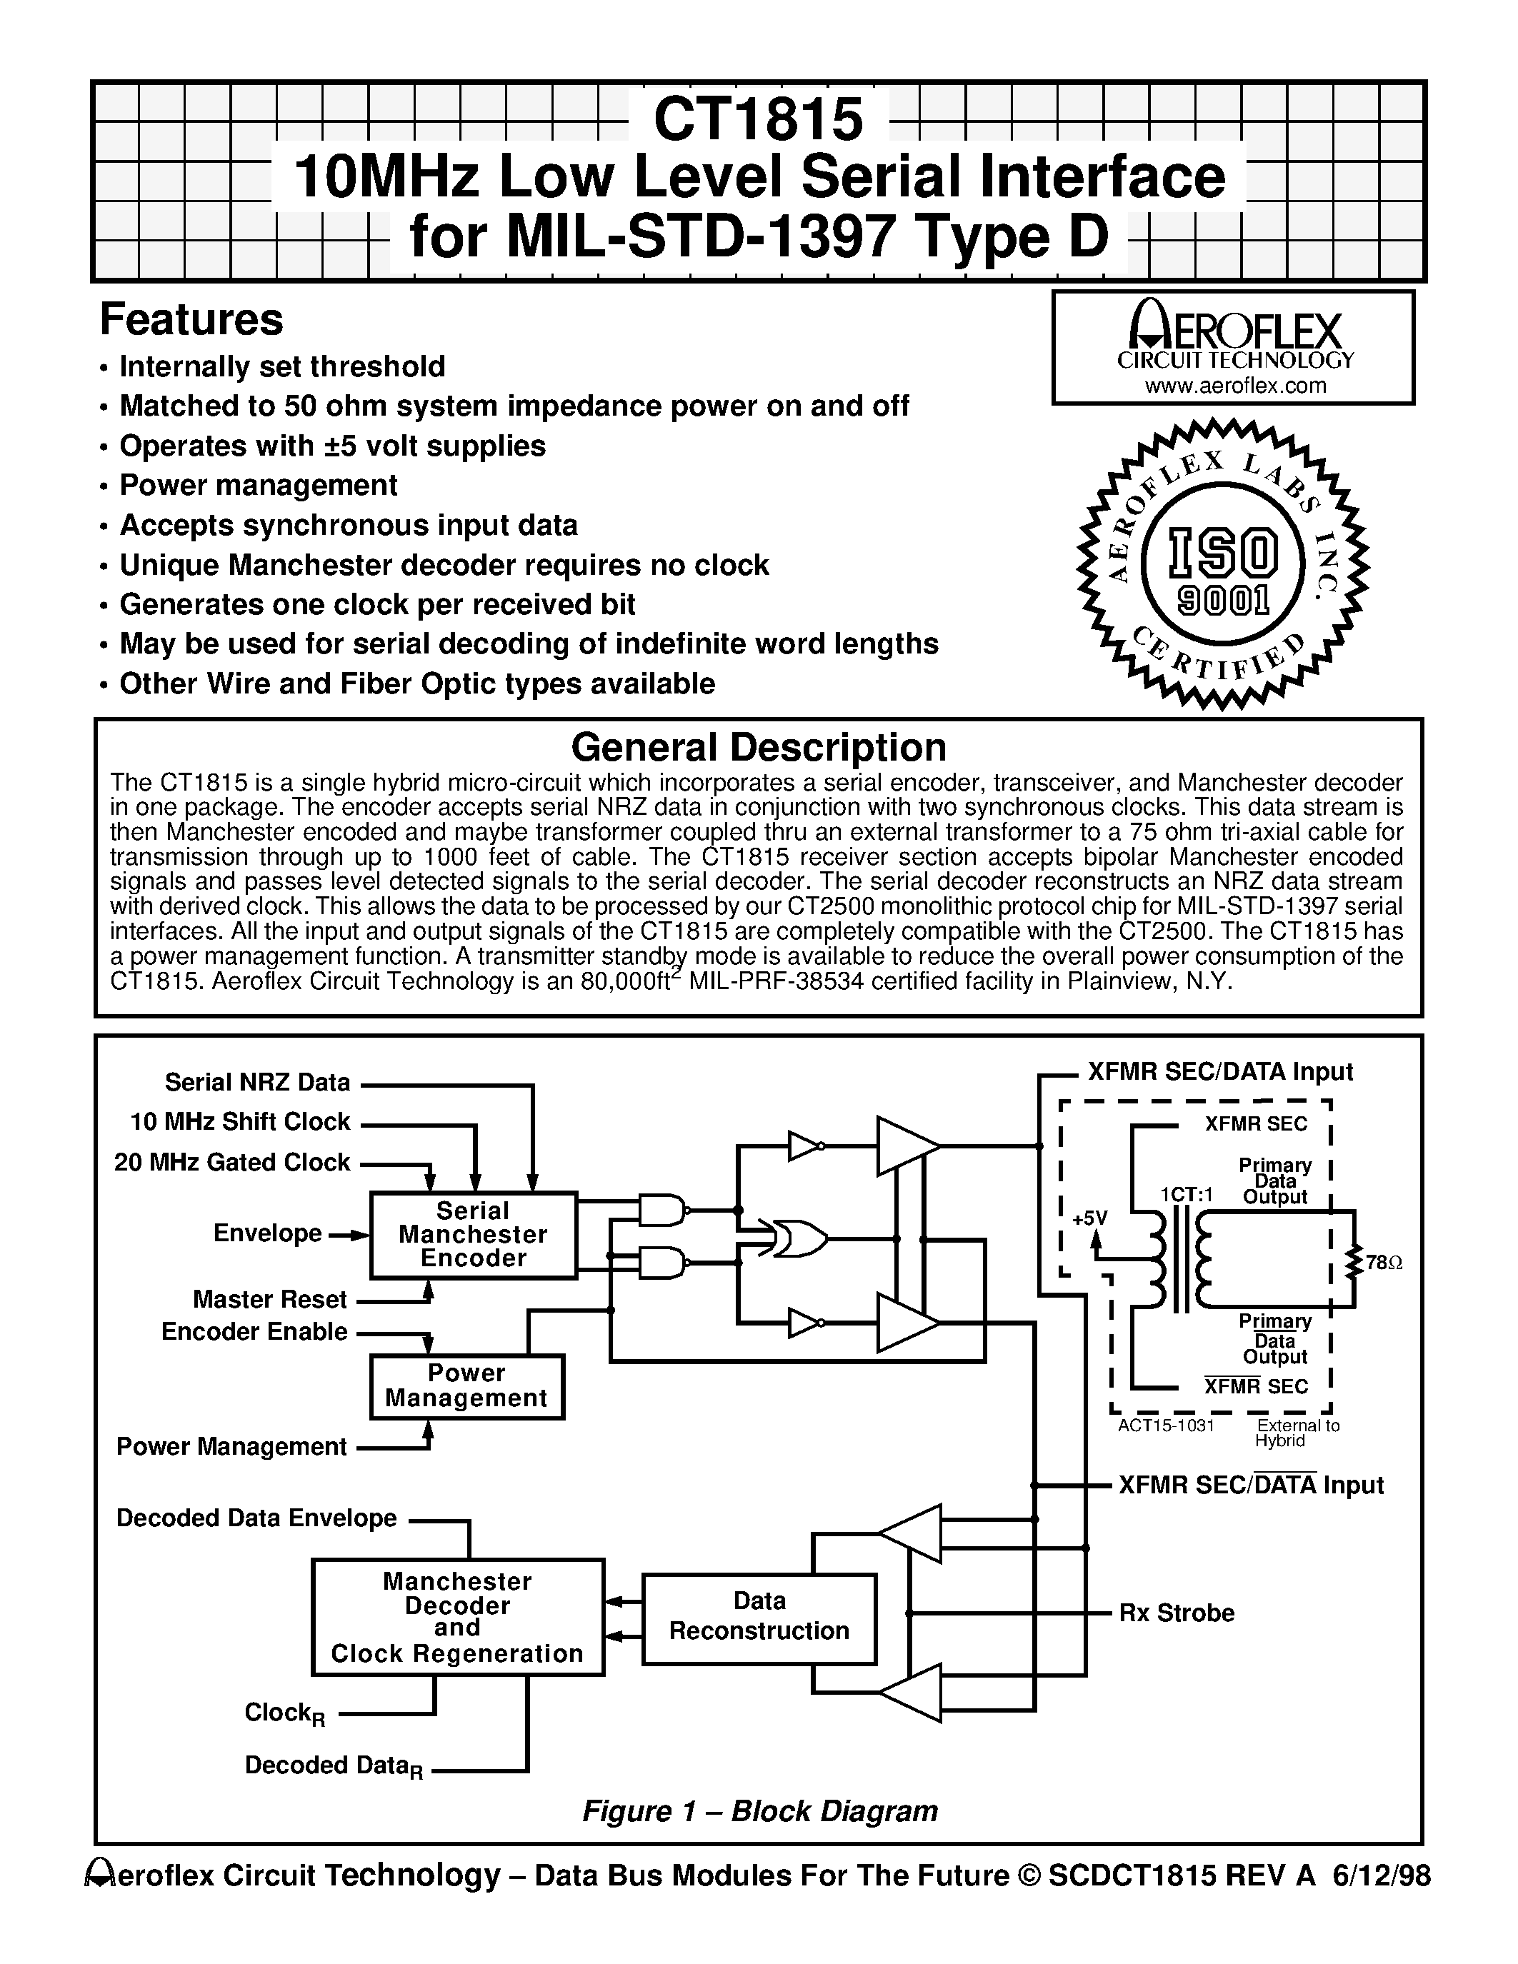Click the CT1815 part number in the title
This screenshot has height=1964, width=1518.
(758, 119)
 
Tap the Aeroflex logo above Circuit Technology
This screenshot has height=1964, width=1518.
(1234, 327)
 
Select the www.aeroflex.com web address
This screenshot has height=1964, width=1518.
(1234, 386)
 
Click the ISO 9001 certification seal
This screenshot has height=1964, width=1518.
(1222, 563)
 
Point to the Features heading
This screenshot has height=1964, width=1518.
(191, 319)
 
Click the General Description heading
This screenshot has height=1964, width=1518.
(758, 747)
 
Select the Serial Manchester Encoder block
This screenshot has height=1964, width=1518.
(473, 1235)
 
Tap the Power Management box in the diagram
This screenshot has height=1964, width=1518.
(466, 1386)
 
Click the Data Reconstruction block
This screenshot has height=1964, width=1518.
(759, 1616)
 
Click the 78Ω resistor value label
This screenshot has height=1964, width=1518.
(1383, 1263)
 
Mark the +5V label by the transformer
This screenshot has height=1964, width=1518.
(1090, 1218)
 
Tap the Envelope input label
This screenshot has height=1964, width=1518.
(267, 1233)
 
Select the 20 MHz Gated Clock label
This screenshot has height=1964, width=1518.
(232, 1163)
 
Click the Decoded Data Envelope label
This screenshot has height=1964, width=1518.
(256, 1518)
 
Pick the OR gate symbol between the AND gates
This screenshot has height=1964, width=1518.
(795, 1239)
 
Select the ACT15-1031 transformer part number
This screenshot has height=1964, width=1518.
(1167, 1426)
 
